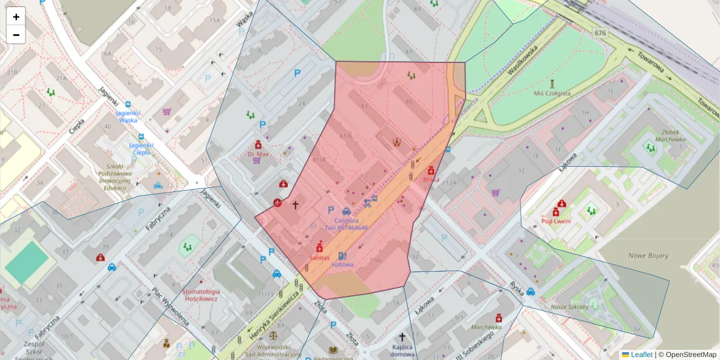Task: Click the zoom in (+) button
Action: click(16, 17)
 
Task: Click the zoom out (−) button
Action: click(16, 35)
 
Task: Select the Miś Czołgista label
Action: click(551, 93)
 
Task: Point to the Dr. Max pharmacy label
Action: click(257, 154)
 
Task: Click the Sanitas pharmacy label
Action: click(319, 257)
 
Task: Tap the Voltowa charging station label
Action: click(343, 264)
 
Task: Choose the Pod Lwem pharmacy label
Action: click(556, 221)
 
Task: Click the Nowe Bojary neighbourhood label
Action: click(648, 255)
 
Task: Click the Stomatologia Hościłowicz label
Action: click(201, 295)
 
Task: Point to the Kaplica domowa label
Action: click(401, 350)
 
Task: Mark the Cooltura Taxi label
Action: click(346, 224)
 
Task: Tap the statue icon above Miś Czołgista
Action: click(552, 83)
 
